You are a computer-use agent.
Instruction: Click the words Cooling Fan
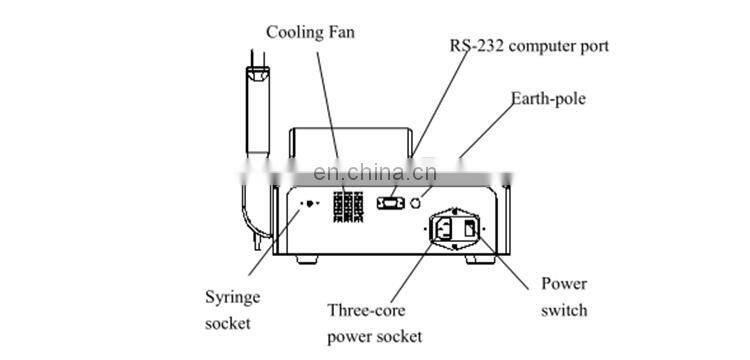[x=310, y=32]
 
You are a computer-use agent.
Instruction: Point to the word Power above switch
[x=564, y=284]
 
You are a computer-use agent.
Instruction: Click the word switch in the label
[x=564, y=310]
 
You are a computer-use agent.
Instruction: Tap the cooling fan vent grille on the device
[x=348, y=204]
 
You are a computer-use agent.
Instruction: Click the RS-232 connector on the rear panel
[x=391, y=204]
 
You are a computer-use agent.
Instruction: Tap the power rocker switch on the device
[x=469, y=229]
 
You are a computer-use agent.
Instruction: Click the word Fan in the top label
[x=340, y=32]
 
